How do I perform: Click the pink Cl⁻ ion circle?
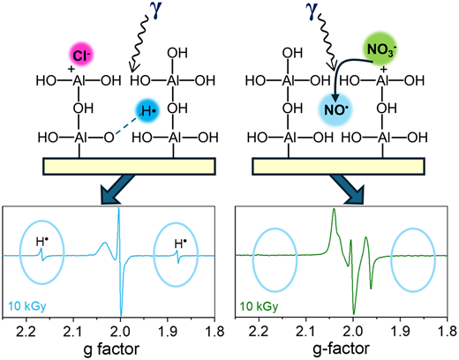coord(81,56)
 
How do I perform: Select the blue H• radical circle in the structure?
coord(147,111)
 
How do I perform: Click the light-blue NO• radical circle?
coord(336,109)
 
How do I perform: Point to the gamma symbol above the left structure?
coord(157,12)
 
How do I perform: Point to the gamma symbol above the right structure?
coord(312,11)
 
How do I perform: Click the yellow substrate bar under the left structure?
coord(130,166)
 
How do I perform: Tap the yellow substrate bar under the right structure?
coord(338,166)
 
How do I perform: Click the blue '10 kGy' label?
coord(27,306)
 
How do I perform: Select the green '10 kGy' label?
coord(259,306)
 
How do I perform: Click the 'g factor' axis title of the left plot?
coord(111,349)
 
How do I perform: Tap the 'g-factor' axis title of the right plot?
coord(341,349)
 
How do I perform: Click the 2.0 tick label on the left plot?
coord(120,332)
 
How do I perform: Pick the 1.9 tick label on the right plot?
coord(401,332)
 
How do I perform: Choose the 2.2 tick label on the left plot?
coord(26,332)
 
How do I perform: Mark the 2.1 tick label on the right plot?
coord(306,332)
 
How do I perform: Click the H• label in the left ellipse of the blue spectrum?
coord(41,242)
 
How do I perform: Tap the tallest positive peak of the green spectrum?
coord(334,209)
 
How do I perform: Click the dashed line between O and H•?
coord(126,125)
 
